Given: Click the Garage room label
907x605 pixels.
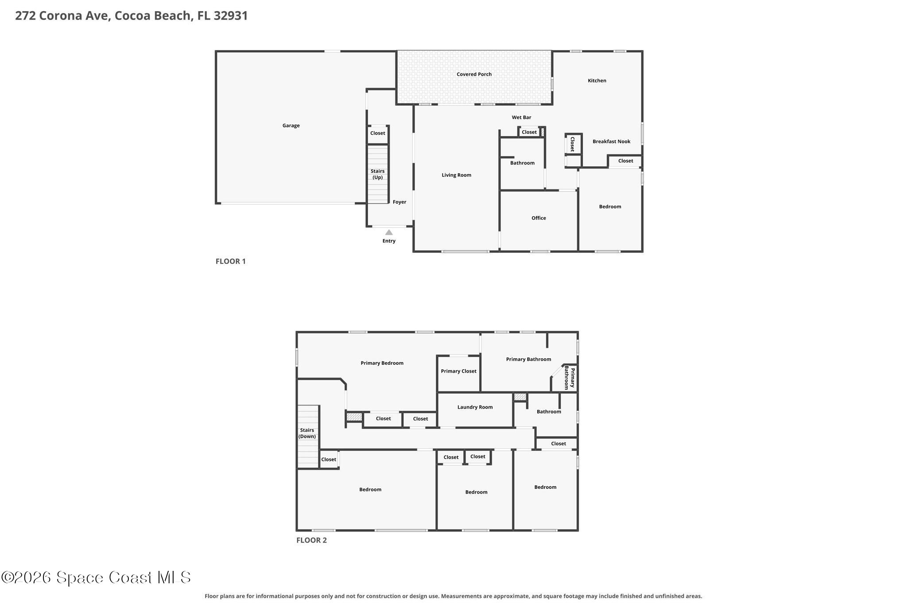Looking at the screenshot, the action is click(291, 125).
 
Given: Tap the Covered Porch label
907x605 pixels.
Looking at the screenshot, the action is click(474, 74).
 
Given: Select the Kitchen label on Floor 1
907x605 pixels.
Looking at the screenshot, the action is click(597, 80).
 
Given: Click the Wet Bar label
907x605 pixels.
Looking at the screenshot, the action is click(521, 117).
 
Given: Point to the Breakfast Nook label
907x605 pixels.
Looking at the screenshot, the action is click(611, 141).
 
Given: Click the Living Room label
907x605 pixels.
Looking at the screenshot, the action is click(456, 175).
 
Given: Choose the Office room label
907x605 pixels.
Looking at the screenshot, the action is click(539, 218).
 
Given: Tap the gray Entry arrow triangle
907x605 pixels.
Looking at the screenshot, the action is click(389, 232).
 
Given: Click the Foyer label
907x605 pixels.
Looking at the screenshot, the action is click(399, 202).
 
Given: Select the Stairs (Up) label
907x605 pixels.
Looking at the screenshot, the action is click(377, 174).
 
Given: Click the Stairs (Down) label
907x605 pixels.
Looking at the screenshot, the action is click(307, 433).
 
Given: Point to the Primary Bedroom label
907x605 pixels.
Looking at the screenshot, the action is click(382, 363).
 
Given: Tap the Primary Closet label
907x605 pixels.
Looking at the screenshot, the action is click(458, 371).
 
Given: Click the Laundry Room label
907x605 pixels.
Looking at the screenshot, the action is click(475, 407).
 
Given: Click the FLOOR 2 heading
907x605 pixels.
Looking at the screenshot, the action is click(311, 540).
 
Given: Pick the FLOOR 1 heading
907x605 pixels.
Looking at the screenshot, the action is click(230, 261).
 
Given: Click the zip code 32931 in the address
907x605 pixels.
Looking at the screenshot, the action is click(231, 16).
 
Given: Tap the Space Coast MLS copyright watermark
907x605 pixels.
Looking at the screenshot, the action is click(96, 577).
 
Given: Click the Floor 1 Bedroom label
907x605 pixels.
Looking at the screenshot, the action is click(610, 207).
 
